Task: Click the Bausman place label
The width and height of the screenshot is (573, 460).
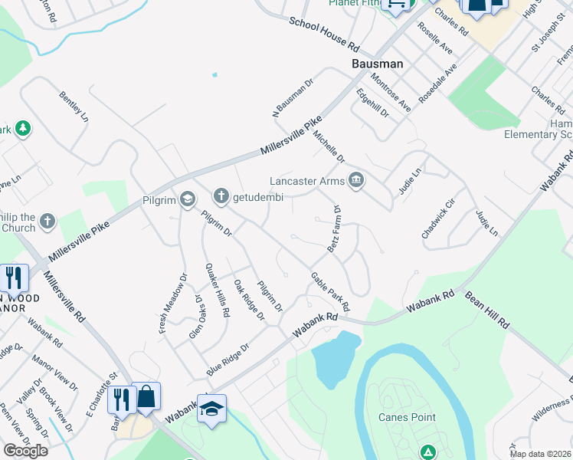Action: [x=377, y=64]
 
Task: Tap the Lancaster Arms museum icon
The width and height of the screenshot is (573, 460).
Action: [x=355, y=181]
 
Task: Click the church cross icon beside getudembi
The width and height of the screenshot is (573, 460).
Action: [x=221, y=196]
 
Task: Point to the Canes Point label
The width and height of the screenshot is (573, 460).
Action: [x=407, y=417]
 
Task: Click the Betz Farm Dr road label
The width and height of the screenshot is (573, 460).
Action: [x=334, y=228]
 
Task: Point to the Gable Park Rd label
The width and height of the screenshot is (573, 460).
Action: [x=330, y=291]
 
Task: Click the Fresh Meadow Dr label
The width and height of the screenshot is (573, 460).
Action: [x=173, y=304]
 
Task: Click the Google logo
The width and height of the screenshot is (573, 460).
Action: [x=25, y=450]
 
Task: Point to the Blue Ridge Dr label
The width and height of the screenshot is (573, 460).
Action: [x=228, y=359]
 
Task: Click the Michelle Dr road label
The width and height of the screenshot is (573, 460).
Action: [x=329, y=146]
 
